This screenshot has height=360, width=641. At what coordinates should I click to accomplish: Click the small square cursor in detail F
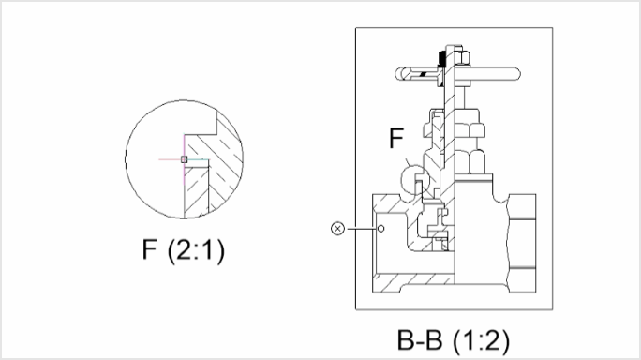pos(185,159)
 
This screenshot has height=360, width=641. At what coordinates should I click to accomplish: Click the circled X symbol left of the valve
pos(339,227)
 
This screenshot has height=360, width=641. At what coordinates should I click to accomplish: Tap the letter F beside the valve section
pos(396,141)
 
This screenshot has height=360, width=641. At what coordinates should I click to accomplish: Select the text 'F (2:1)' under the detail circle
pos(184,251)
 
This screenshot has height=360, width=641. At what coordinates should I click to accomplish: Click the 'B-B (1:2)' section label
pos(454,338)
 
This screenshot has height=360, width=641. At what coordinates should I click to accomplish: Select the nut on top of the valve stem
pos(454,52)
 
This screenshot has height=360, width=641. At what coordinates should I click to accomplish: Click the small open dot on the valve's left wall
pos(382,227)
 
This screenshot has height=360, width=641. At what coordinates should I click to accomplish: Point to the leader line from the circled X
pos(361,227)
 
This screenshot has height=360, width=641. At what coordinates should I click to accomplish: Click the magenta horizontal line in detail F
pos(169,159)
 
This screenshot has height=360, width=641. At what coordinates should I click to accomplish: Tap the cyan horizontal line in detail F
pos(200,159)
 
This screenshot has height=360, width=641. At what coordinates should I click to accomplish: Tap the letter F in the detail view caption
pos(149,251)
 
